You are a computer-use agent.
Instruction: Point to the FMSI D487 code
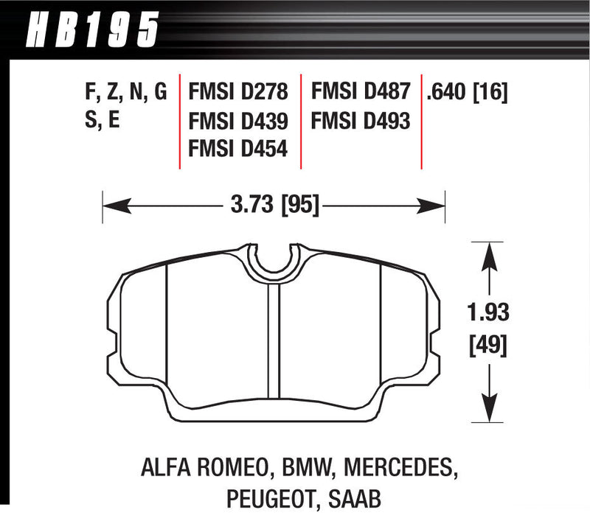click(360, 91)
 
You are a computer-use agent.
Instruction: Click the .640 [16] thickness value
click(465, 91)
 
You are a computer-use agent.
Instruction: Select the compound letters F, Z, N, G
click(126, 91)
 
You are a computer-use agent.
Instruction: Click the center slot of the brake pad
click(273, 339)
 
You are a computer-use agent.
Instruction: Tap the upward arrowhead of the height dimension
click(487, 254)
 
